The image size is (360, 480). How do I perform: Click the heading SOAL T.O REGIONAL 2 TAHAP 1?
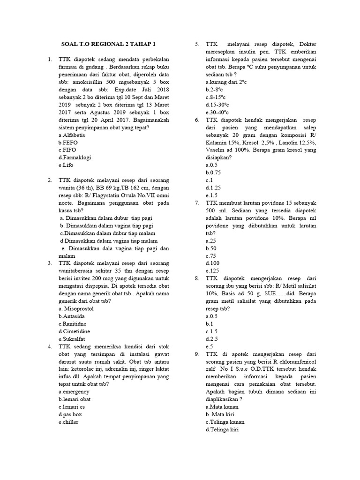coord(108,45)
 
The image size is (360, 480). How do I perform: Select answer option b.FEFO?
coord(69,142)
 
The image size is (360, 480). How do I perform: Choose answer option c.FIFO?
coord(68,150)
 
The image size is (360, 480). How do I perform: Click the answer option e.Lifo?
coord(66,165)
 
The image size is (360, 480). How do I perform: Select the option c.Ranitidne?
coord(73,324)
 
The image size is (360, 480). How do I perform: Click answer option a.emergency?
coord(74,391)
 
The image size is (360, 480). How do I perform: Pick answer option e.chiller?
coord(68,421)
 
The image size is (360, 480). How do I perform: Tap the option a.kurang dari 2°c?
coord(227,82)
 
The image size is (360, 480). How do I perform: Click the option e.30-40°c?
coord(217,112)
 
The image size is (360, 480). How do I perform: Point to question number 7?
coord(197,203)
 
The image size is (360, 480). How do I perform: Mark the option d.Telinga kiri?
coord(222,429)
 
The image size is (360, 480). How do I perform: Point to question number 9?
coord(197,354)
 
